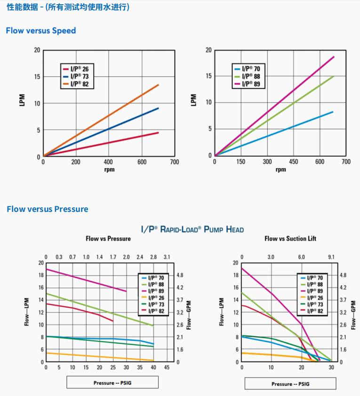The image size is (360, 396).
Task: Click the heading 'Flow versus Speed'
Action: [40, 31]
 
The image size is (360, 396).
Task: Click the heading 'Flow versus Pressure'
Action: [47, 209]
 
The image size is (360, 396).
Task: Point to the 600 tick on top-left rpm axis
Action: [141, 162]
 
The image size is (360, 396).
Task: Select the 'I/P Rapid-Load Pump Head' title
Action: [192, 229]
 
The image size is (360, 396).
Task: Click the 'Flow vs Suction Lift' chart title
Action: [290, 239]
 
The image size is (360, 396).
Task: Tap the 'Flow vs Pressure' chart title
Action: [108, 239]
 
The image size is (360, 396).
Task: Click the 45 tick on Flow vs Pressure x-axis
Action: [167, 367]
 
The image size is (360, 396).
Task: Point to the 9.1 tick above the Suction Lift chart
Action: [331, 257]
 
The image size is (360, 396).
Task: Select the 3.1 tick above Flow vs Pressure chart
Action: [167, 257]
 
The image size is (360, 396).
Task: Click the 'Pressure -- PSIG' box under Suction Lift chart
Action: [290, 384]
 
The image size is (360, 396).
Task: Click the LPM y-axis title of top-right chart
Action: [193, 100]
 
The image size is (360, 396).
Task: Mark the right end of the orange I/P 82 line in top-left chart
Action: [158, 85]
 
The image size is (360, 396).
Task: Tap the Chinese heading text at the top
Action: [68, 7]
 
